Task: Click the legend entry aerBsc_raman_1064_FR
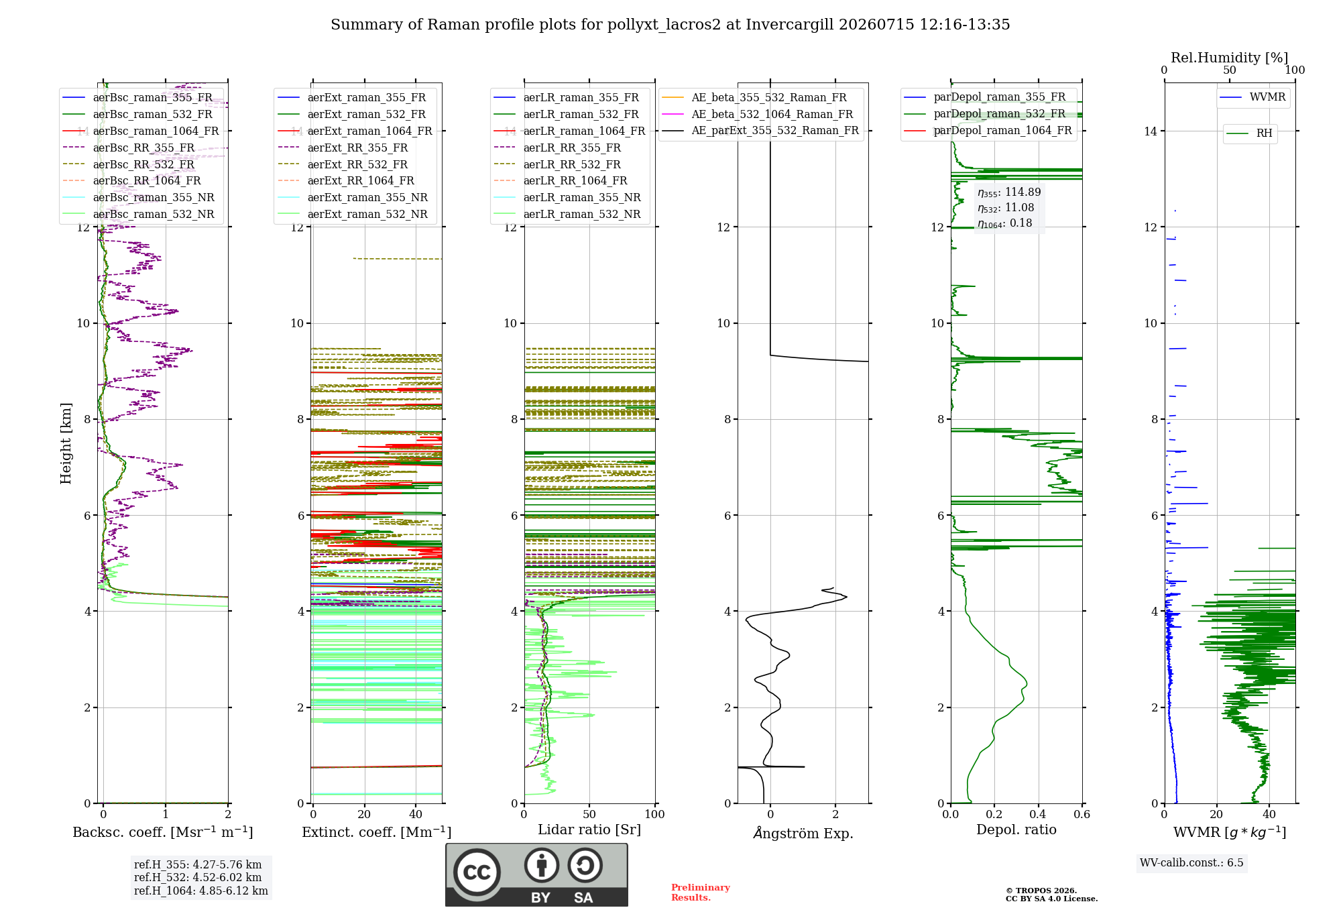[x=141, y=131]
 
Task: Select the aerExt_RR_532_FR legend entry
[x=342, y=164]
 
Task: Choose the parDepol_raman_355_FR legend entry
[x=985, y=97]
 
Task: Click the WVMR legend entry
[x=1252, y=97]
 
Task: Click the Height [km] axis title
[x=66, y=443]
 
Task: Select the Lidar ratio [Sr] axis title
[x=589, y=830]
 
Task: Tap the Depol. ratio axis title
[x=1016, y=830]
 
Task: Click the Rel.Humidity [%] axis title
[x=1230, y=58]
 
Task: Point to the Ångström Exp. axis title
[x=803, y=833]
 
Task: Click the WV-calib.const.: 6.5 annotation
[x=1191, y=863]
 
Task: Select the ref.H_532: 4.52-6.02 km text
[x=198, y=878]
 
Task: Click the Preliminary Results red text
[x=701, y=893]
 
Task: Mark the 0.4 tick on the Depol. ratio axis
[x=1038, y=815]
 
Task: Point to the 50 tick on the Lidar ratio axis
[x=589, y=815]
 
